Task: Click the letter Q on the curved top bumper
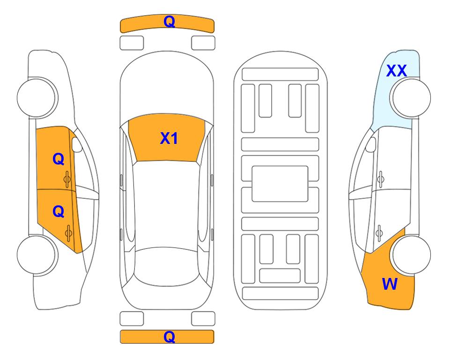pos(169,22)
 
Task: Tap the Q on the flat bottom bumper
pos(169,337)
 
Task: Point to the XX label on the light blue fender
pos(396,71)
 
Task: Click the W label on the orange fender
pos(390,284)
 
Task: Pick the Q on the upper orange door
pos(59,159)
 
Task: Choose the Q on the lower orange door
pos(59,212)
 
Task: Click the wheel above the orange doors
pos(37,97)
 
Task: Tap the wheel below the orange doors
pos(37,255)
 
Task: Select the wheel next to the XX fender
pos(410,97)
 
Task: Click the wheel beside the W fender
pos(410,255)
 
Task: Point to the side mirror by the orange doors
pos(76,144)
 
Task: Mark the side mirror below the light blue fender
pos(371,144)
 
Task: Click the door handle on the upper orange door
pos(67,179)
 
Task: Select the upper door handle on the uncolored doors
pos(380,179)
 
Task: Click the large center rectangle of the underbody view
pos(280,184)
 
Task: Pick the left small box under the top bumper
pos(132,43)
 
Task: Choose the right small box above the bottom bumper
pos(203,319)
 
